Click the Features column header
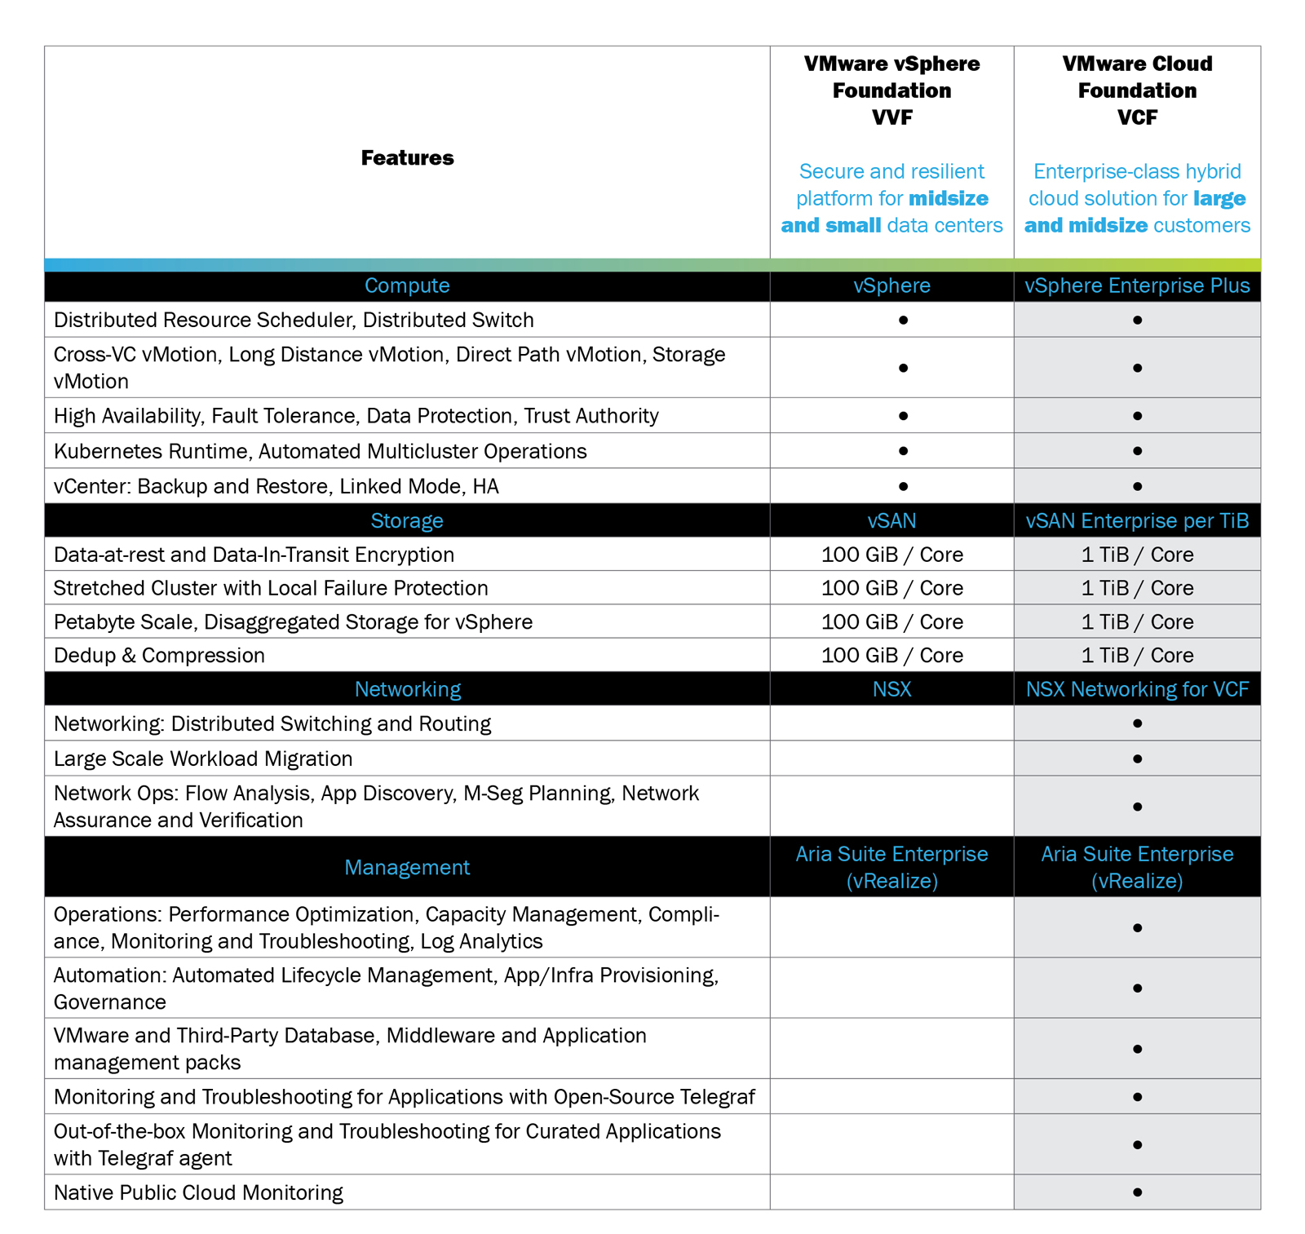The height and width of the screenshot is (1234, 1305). tap(407, 157)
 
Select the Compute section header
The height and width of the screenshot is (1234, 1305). tap(407, 285)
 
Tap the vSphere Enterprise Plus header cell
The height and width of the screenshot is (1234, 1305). tap(1137, 285)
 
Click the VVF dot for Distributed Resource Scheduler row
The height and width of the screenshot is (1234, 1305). tap(903, 320)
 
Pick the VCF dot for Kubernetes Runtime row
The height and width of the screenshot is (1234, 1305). tap(1137, 450)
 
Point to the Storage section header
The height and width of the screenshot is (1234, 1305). tap(407, 520)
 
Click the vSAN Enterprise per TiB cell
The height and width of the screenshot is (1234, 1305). tap(1137, 520)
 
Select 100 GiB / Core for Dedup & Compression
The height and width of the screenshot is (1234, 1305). tap(891, 655)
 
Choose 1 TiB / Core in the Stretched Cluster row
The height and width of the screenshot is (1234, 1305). tap(1137, 588)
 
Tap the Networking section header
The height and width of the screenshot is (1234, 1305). tap(407, 689)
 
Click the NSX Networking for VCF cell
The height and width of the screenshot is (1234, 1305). tap(1137, 689)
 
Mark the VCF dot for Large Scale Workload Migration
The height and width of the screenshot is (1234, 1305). tap(1137, 759)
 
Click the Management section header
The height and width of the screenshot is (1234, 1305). tap(407, 867)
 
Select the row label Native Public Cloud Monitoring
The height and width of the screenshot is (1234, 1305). tap(198, 1192)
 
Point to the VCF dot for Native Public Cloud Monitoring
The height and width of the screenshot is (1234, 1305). tap(1137, 1192)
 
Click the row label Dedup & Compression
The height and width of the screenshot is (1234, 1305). tap(159, 655)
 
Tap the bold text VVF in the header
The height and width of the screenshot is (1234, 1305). tap(891, 117)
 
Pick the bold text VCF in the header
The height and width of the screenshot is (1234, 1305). tap(1137, 117)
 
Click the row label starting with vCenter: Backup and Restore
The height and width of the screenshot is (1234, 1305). tap(276, 486)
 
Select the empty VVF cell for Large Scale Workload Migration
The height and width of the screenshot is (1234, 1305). tap(891, 759)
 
